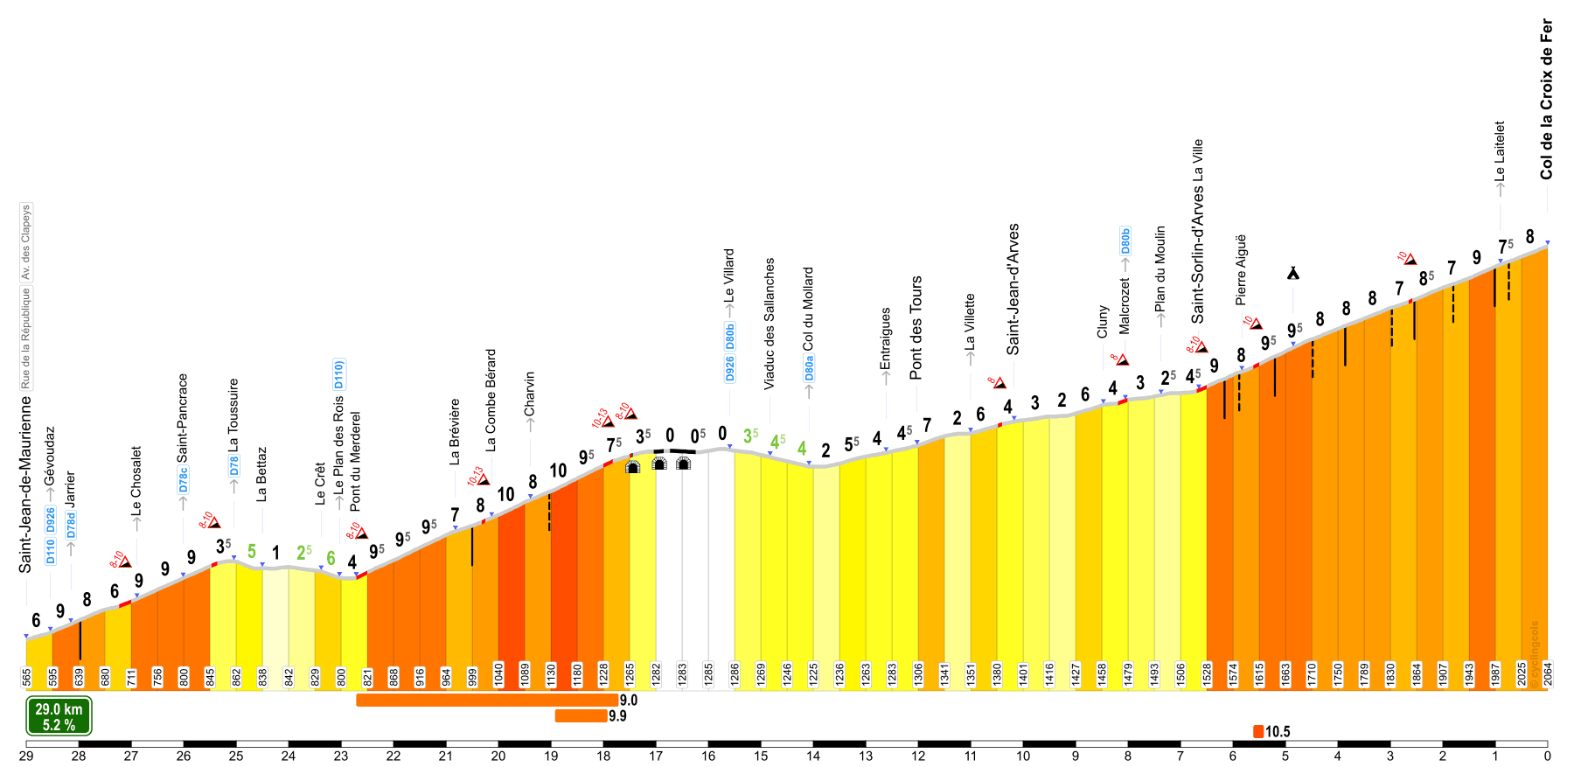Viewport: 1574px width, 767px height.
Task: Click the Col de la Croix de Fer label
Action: [x=1546, y=100]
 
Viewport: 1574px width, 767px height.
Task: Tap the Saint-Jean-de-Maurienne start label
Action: [x=25, y=485]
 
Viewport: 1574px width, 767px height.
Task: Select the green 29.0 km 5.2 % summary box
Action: [x=59, y=716]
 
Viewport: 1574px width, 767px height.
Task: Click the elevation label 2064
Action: [x=1548, y=674]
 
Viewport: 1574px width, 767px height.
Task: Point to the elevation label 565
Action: [x=26, y=676]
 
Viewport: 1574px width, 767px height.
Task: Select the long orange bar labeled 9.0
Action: [x=486, y=700]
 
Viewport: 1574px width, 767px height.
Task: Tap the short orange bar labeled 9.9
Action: [x=580, y=716]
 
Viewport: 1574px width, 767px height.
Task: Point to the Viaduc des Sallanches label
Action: [x=770, y=324]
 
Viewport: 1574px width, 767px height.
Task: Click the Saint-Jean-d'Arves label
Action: [x=1013, y=289]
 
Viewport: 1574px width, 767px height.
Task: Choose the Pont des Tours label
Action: [x=916, y=328]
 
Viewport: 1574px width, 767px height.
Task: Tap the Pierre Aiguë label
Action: [x=1240, y=269]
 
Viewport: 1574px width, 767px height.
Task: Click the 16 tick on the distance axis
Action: [x=708, y=756]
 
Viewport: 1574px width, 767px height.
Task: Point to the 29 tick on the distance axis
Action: [x=26, y=756]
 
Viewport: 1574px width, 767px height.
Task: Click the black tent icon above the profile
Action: [x=1292, y=274]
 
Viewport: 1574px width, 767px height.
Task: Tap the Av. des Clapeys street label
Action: [x=25, y=242]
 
